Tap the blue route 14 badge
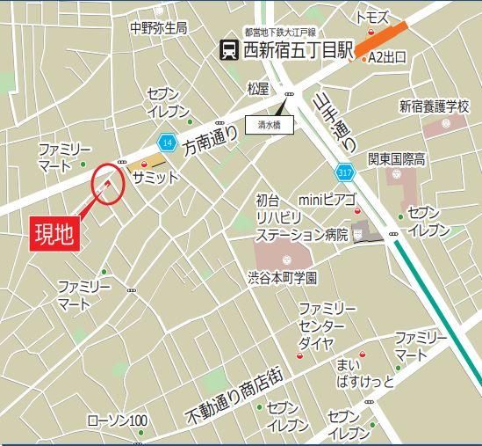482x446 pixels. [167, 142]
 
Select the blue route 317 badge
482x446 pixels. [343, 169]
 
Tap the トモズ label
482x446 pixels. [372, 17]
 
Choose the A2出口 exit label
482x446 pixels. [386, 58]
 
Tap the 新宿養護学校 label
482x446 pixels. [435, 106]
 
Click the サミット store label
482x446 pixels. [155, 177]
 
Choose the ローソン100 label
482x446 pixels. [118, 421]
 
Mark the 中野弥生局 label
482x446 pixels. [158, 27]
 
